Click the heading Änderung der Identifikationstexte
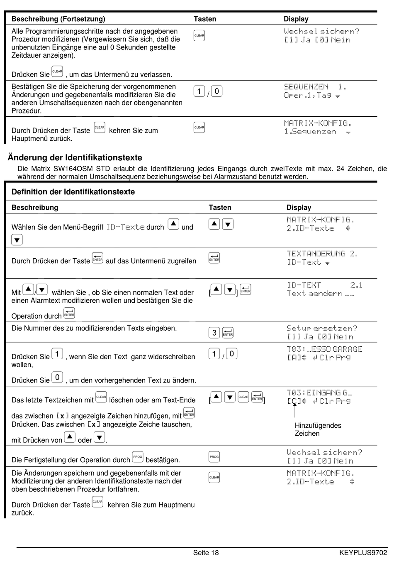click(x=75, y=158)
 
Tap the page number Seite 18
click(x=206, y=553)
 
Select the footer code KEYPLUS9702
click(x=363, y=553)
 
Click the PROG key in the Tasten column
click(x=214, y=457)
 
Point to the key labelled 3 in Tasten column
click(x=214, y=333)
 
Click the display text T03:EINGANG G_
click(x=319, y=392)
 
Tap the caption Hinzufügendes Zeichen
click(x=318, y=429)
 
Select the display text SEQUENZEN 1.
click(x=315, y=87)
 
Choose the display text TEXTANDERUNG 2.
click(x=322, y=254)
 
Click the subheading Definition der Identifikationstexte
click(x=73, y=192)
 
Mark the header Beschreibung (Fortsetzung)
click(x=58, y=19)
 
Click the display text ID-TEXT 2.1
click(x=325, y=285)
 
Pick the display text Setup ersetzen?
click(x=322, y=328)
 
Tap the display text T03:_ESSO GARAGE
click(x=324, y=349)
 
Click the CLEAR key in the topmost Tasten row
click(x=199, y=36)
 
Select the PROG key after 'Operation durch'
click(x=138, y=457)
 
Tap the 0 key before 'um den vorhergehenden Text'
click(x=57, y=378)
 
